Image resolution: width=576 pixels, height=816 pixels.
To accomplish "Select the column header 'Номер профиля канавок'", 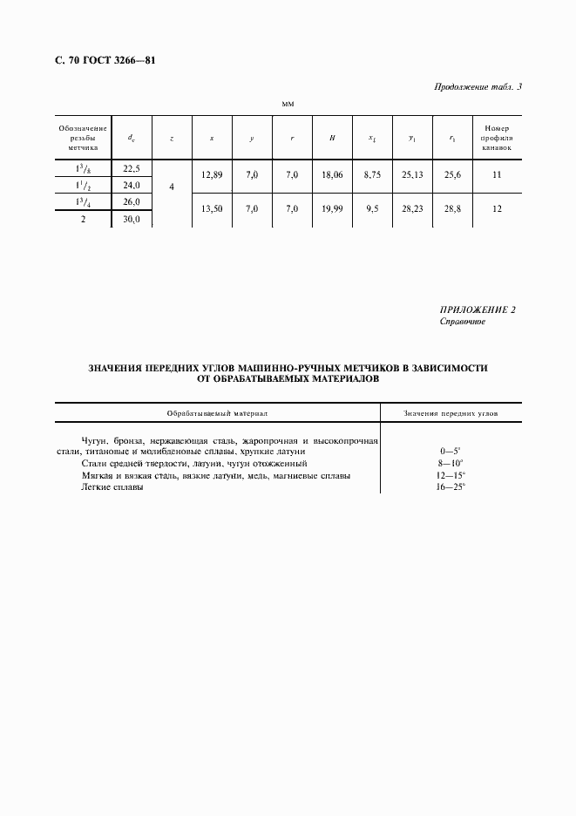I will (498, 138).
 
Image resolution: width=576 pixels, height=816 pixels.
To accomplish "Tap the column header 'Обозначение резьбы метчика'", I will (83, 138).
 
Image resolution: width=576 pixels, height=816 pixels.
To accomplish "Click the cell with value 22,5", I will (132, 169).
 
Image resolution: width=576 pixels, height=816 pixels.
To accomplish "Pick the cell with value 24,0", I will (132, 186).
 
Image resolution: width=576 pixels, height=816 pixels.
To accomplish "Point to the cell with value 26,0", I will (132, 202).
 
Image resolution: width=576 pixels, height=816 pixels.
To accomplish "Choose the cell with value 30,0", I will (132, 220).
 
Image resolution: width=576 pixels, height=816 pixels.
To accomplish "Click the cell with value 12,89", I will (212, 175).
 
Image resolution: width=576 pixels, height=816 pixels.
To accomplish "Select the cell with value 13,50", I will (212, 209).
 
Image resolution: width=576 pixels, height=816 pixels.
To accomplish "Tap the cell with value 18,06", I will (332, 175).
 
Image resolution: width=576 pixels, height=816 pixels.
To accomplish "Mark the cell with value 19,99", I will (332, 209).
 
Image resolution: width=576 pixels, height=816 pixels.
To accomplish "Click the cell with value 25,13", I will (412, 175).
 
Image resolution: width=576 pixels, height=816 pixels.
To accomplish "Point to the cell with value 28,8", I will (452, 209).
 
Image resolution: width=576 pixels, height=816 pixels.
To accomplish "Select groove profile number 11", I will (498, 175).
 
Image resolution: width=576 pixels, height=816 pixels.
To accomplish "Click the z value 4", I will (172, 187).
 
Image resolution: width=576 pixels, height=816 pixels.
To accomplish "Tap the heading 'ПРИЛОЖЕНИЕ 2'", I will (478, 310).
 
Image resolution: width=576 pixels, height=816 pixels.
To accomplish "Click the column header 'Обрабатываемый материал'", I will (219, 413).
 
